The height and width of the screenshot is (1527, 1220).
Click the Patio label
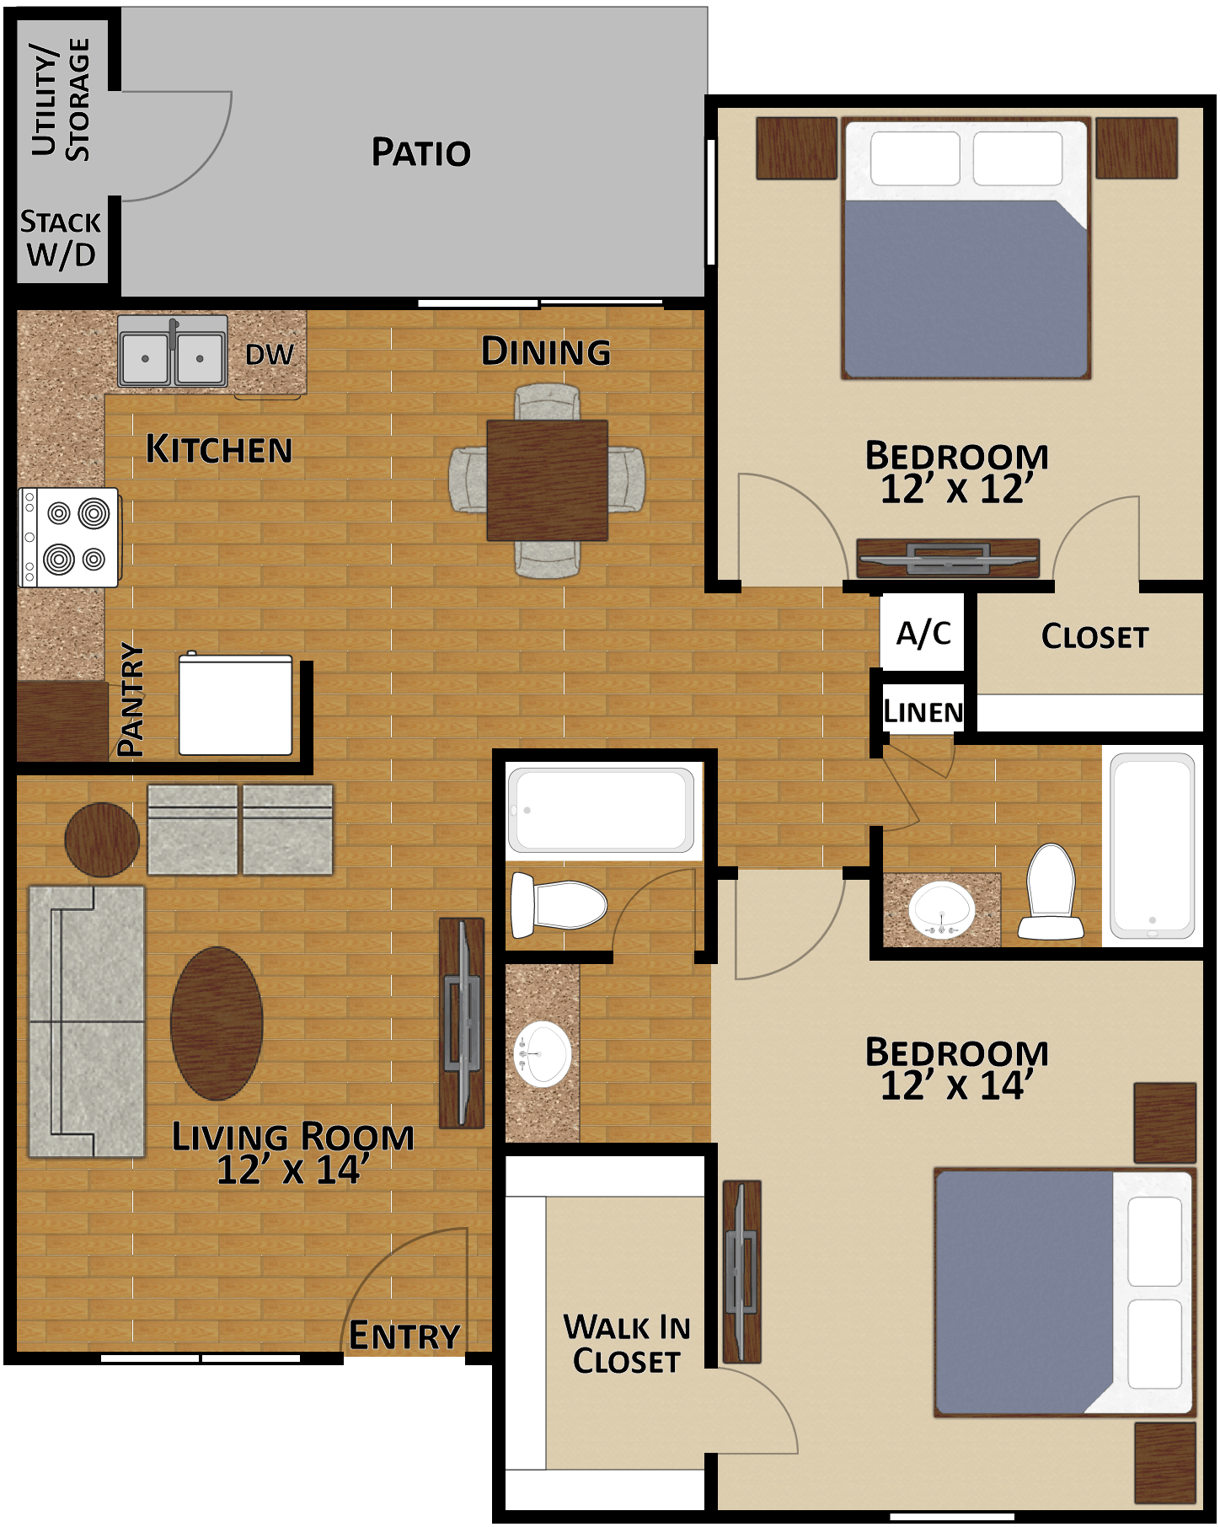coord(421,153)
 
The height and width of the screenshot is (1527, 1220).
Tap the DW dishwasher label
coord(270,355)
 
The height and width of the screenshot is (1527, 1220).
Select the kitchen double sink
coord(173,351)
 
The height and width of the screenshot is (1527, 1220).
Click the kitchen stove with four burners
coord(69,537)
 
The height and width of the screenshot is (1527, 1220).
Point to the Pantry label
coord(131,699)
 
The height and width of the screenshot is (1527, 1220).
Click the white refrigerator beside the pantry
coord(235,705)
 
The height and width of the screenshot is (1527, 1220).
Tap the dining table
coord(547,480)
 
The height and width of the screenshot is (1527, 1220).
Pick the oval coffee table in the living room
coord(217,1023)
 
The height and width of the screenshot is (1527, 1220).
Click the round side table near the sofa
coord(102,839)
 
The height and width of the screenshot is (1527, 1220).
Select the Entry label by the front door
coord(404,1337)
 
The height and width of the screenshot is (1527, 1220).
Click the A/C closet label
coord(923,633)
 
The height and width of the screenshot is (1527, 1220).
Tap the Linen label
coord(923,713)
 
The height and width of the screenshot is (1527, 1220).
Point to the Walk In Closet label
coord(626,1344)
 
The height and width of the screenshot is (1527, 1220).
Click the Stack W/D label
coord(61,238)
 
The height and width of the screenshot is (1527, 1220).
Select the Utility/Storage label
coord(61,99)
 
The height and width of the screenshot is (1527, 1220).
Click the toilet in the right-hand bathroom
coord(1051,893)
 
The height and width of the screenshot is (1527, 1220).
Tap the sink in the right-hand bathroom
coord(941,911)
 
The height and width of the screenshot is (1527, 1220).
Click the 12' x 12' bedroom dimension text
coord(956,490)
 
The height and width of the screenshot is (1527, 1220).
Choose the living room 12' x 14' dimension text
coord(292,1171)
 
